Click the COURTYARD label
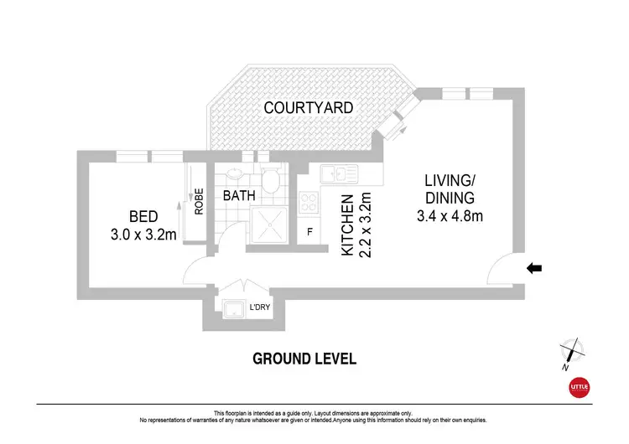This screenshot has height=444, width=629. click(x=308, y=108)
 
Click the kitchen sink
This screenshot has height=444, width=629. click(x=339, y=174)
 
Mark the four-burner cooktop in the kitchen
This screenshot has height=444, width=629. click(x=309, y=202)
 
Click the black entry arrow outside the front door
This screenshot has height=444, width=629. click(x=533, y=268)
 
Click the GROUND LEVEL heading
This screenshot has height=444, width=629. click(x=304, y=359)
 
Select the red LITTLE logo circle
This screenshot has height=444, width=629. click(x=580, y=386)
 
